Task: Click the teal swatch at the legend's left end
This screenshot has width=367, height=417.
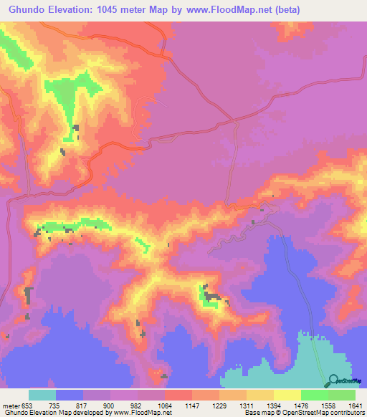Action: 42,395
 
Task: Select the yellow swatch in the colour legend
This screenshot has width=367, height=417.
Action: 287,395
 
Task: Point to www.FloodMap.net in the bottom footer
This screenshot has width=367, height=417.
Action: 133,413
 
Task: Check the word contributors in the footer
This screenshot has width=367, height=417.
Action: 346,413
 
